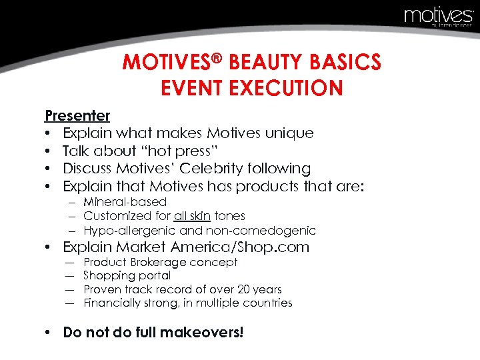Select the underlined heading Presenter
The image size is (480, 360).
[77, 115]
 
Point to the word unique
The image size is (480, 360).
[287, 133]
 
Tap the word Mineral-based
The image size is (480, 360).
[125, 201]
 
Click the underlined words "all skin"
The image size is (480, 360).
[191, 216]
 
